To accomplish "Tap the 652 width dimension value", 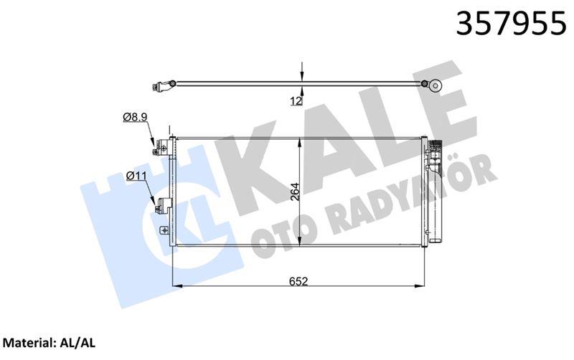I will (300, 281).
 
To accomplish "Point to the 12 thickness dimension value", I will (295, 101).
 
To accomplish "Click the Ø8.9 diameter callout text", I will (135, 116).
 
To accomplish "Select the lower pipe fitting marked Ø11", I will (161, 207).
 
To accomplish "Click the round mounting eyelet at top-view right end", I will (435, 85).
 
